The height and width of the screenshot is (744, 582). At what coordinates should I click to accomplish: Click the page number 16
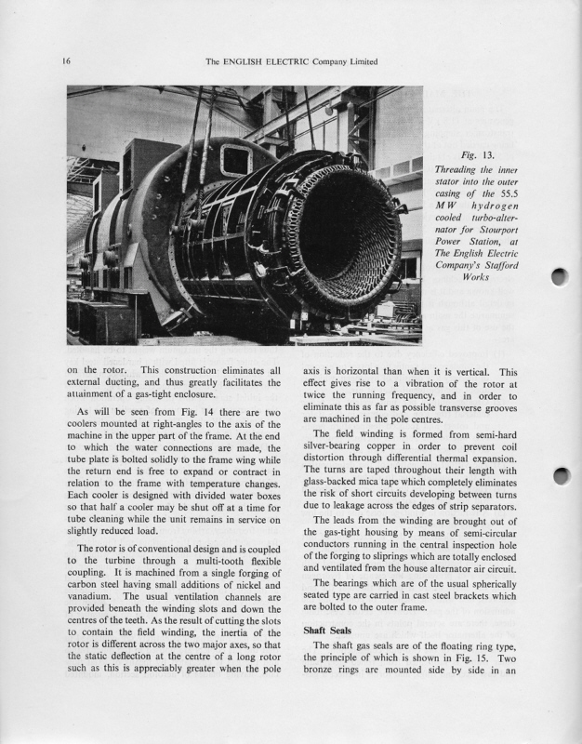(x=67, y=62)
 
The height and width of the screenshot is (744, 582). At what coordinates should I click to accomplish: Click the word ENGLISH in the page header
(x=249, y=62)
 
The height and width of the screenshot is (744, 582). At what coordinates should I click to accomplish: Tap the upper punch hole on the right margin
(x=559, y=277)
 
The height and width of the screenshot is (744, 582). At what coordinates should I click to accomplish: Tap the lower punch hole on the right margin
(x=559, y=477)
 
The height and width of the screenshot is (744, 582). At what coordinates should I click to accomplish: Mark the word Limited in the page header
(x=359, y=62)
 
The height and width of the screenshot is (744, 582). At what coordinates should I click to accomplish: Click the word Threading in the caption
(x=459, y=169)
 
